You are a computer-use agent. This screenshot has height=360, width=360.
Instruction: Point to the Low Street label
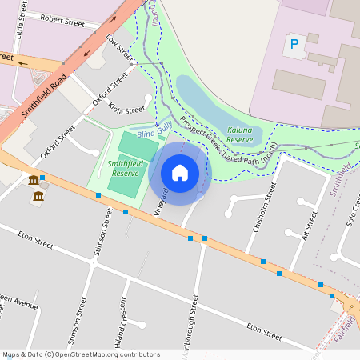119,49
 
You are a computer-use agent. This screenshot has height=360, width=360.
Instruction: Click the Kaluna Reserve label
240,134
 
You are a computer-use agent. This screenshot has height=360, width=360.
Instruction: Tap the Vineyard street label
162,202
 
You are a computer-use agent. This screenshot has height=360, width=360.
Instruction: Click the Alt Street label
303,225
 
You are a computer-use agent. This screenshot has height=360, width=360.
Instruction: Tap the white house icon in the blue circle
180,173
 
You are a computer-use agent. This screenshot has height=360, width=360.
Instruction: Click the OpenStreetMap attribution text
81,354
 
